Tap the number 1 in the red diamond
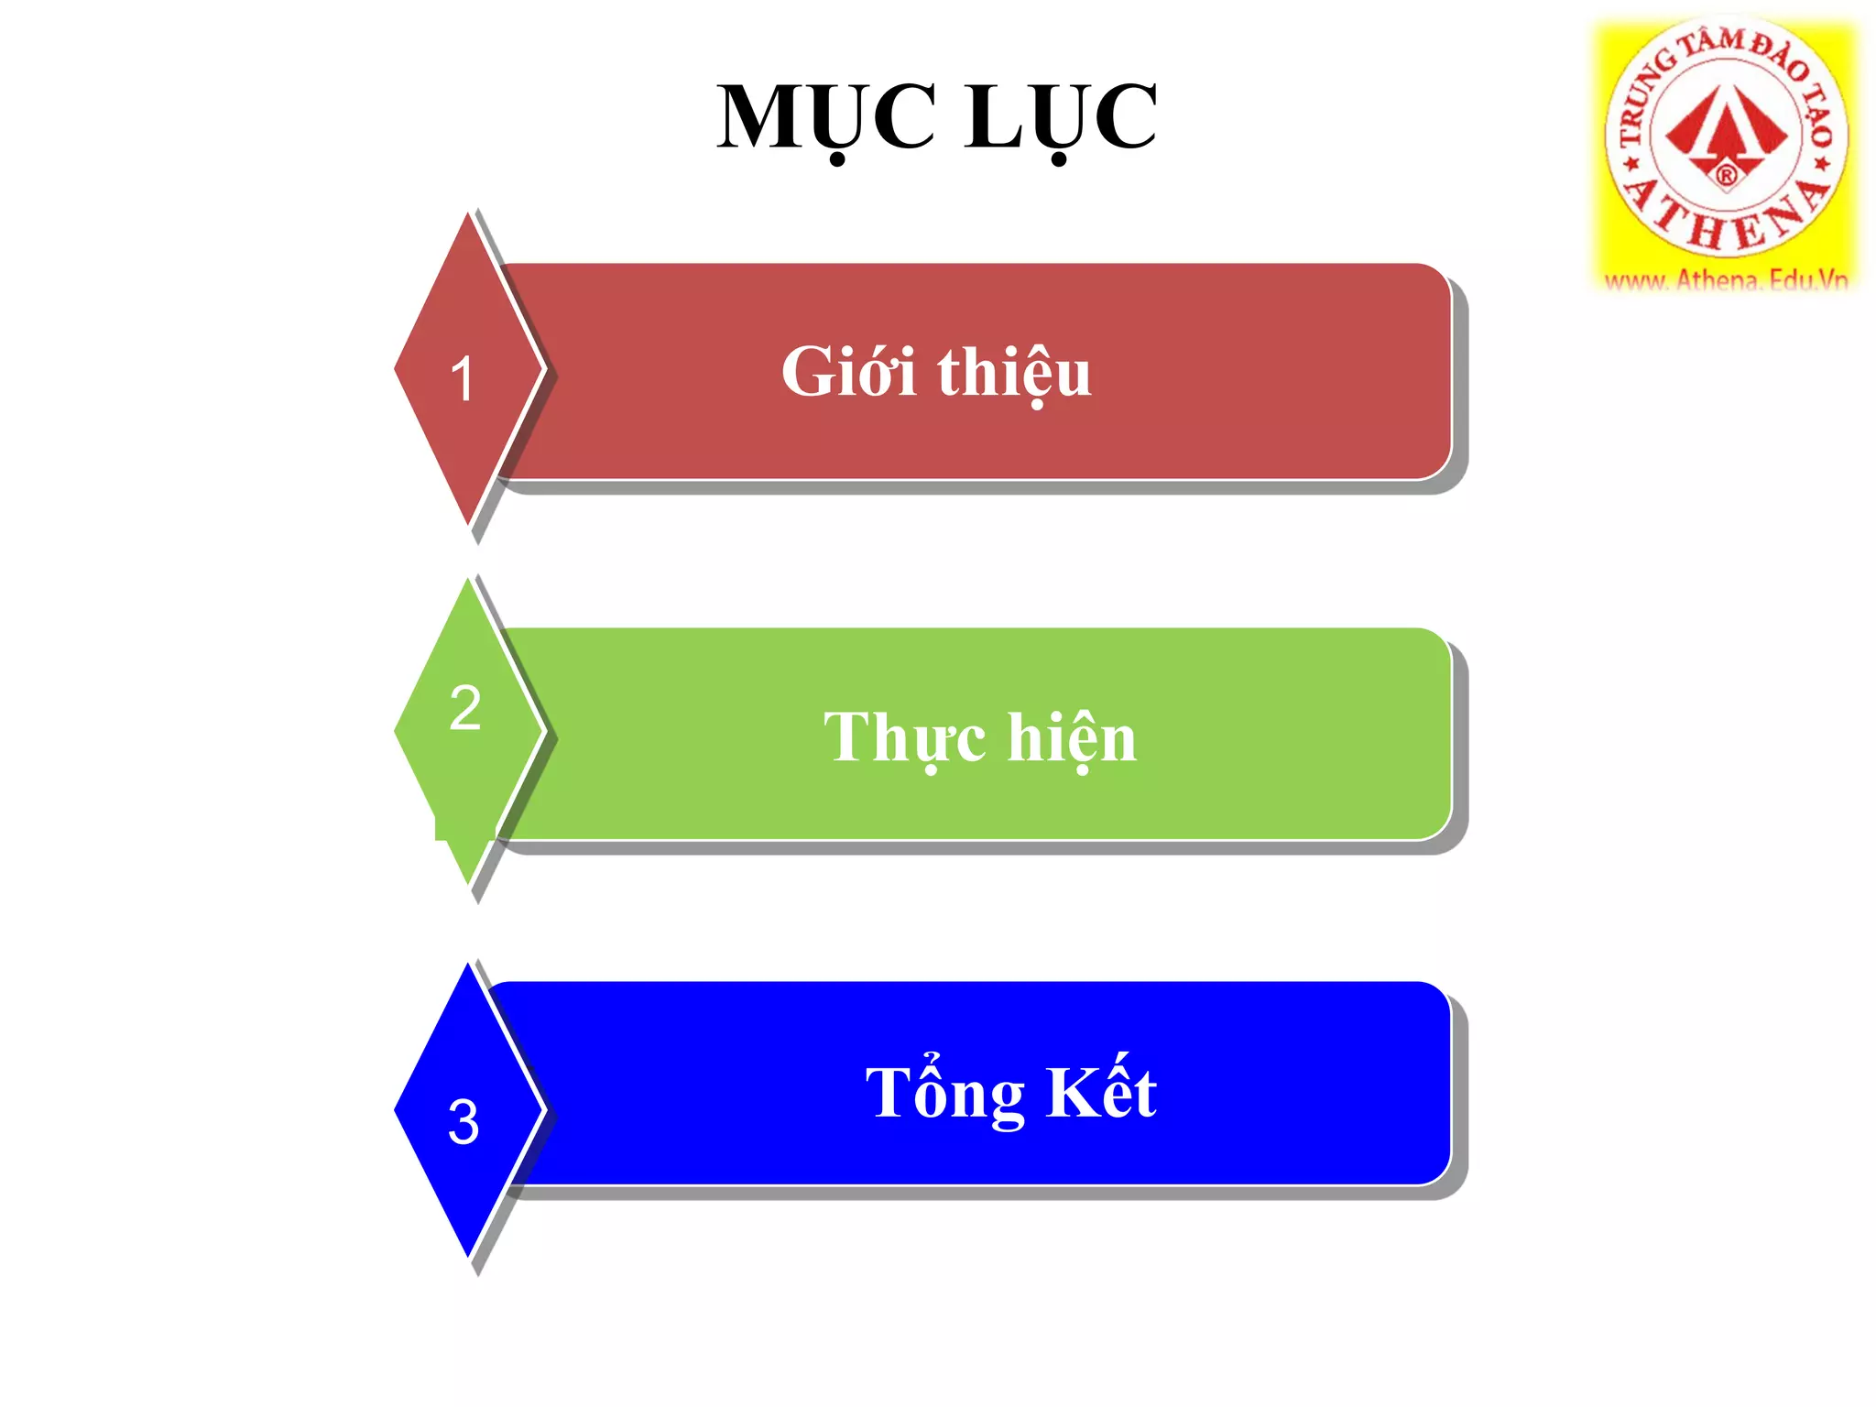pyautogui.click(x=463, y=378)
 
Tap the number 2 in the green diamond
pyautogui.click(x=465, y=708)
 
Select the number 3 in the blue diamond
pyautogui.click(x=464, y=1121)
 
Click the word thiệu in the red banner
pyautogui.click(x=1014, y=374)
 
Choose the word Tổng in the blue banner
pyautogui.click(x=944, y=1092)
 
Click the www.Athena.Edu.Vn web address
pyautogui.click(x=1726, y=279)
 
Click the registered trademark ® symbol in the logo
pyautogui.click(x=1726, y=175)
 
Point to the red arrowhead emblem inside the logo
pyautogui.click(x=1726, y=128)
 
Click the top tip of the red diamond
pyautogui.click(x=468, y=215)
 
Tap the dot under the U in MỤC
pyautogui.click(x=837, y=161)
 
